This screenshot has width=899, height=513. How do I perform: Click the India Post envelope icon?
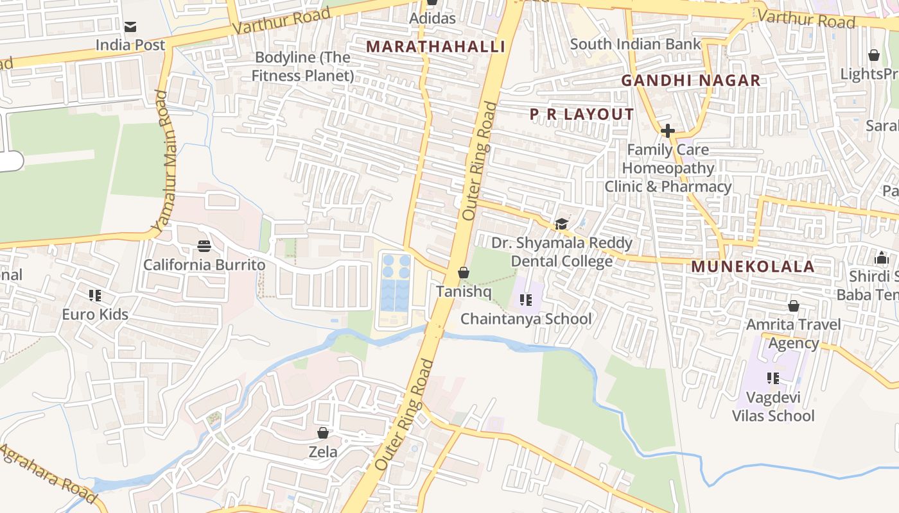pyautogui.click(x=130, y=27)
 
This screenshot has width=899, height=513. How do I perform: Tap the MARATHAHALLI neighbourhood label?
pyautogui.click(x=435, y=46)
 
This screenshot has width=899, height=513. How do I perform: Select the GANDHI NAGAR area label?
pyautogui.click(x=691, y=81)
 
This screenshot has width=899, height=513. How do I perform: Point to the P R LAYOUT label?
pyautogui.click(x=582, y=115)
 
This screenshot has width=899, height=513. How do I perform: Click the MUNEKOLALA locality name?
pyautogui.click(x=753, y=267)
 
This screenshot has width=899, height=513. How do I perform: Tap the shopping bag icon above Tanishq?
pyautogui.click(x=464, y=273)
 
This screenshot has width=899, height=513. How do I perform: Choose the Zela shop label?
pyautogui.click(x=323, y=452)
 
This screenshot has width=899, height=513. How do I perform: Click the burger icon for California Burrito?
pyautogui.click(x=204, y=246)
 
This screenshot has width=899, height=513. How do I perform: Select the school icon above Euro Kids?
pyautogui.click(x=95, y=296)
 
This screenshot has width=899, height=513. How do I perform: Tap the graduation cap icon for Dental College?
pyautogui.click(x=562, y=224)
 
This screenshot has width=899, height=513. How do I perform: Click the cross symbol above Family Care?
pyautogui.click(x=668, y=131)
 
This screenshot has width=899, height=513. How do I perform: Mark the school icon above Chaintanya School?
pyautogui.click(x=526, y=300)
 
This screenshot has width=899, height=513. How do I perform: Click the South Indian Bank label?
pyautogui.click(x=635, y=44)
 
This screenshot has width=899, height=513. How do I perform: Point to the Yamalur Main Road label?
pyautogui.click(x=164, y=162)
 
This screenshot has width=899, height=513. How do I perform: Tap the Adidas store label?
pyautogui.click(x=433, y=18)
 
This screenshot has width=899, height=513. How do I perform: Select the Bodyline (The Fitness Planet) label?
pyautogui.click(x=302, y=67)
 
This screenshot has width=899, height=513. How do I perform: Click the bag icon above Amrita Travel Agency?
pyautogui.click(x=794, y=306)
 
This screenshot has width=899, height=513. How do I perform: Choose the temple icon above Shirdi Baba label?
pyautogui.click(x=881, y=258)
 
